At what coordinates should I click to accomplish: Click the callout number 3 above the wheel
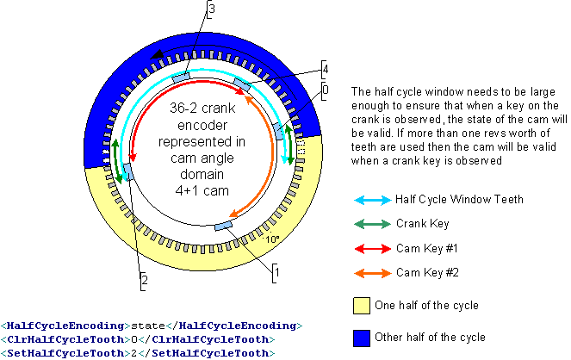(x=212, y=9)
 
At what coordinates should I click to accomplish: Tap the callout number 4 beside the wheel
(x=326, y=69)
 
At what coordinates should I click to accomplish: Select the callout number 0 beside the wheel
(x=326, y=90)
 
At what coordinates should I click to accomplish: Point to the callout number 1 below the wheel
(x=277, y=272)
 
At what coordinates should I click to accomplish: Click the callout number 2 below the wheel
(x=145, y=280)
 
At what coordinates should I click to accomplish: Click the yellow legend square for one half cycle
(x=361, y=306)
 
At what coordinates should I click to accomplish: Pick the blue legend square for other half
(x=361, y=338)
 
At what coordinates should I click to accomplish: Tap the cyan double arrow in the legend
(x=373, y=200)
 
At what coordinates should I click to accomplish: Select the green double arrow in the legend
(x=373, y=224)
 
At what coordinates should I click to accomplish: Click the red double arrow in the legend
(x=373, y=249)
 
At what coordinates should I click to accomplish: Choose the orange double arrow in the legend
(x=373, y=273)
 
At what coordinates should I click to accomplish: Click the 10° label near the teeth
(x=272, y=239)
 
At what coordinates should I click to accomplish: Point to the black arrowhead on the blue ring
(x=158, y=55)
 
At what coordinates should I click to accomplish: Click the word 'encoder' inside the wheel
(x=202, y=125)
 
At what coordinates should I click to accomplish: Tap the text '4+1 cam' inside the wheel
(x=202, y=190)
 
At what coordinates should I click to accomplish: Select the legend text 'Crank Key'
(x=422, y=224)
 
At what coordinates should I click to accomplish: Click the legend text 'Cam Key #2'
(x=427, y=273)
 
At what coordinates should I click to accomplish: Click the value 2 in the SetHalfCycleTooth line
(x=133, y=353)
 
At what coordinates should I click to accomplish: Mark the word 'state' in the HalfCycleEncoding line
(x=148, y=326)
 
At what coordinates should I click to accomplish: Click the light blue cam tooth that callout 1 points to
(x=223, y=226)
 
